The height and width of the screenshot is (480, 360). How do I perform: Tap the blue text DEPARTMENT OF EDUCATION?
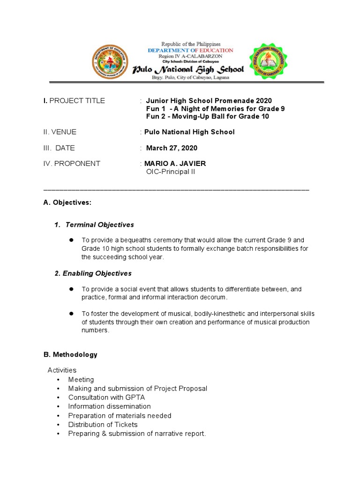[190, 50]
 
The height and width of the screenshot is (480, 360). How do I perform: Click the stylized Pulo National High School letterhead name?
[188, 69]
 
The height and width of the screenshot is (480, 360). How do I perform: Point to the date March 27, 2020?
[172, 148]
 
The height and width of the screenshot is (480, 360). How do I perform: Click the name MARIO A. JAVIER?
[175, 164]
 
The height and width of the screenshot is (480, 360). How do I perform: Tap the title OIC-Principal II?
[171, 172]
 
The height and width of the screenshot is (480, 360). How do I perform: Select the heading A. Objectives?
[67, 202]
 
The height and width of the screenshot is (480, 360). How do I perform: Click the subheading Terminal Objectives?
[99, 225]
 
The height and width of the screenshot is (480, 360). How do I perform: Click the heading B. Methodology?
[70, 355]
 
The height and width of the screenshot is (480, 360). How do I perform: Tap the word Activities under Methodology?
[62, 370]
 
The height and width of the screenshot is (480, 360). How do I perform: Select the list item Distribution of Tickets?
[103, 425]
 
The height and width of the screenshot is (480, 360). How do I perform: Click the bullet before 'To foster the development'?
[72, 313]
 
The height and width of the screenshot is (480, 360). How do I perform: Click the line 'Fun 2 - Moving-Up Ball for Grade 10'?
[208, 117]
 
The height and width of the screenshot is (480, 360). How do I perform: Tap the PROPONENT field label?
[72, 164]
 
